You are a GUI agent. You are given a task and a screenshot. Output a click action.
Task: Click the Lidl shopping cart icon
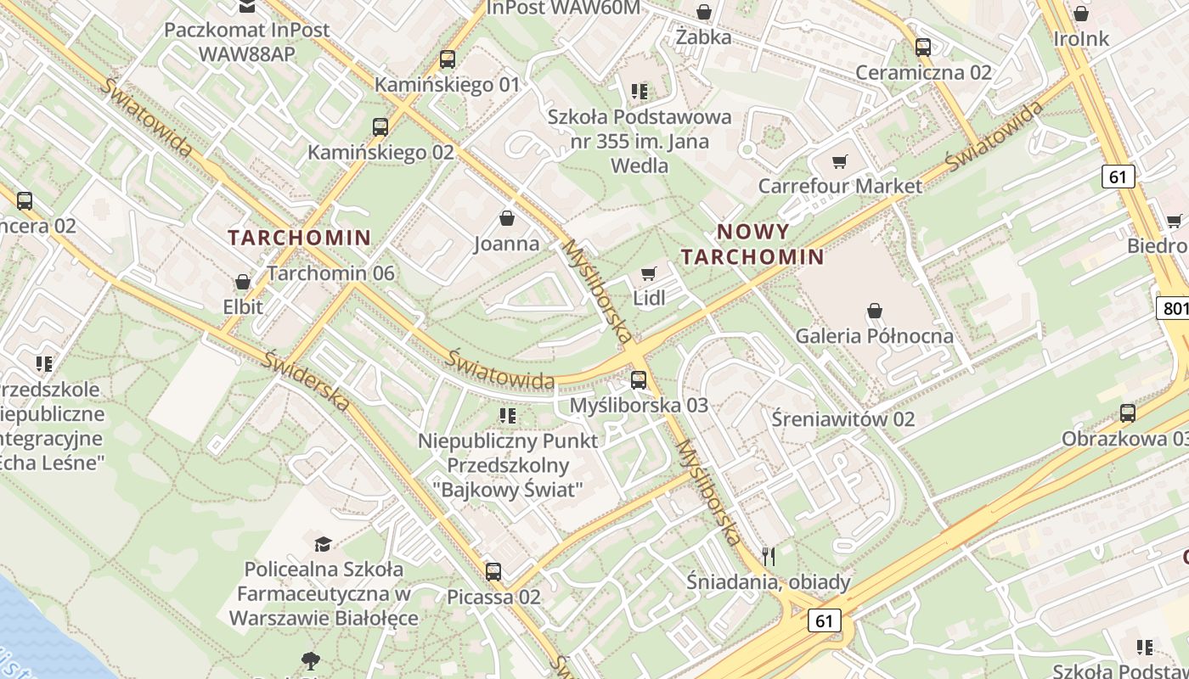pos(649,273)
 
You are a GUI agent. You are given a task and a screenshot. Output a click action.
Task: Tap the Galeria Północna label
pos(874,336)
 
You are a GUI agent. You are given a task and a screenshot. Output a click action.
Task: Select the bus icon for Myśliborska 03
pos(639,380)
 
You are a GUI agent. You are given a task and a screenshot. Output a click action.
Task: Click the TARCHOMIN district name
pos(300,238)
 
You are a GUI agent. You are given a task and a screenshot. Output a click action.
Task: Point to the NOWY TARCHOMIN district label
pos(752,244)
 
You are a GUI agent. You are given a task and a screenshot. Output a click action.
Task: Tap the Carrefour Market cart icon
pos(840,161)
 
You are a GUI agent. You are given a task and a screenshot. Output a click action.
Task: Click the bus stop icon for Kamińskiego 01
pos(448,59)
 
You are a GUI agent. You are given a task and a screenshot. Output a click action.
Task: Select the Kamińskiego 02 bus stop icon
pos(380,127)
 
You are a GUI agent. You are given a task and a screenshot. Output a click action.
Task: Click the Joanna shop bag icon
pos(507,219)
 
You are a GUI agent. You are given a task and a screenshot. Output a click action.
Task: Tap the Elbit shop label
pos(243,306)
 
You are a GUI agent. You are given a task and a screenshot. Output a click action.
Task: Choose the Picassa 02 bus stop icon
pos(493,572)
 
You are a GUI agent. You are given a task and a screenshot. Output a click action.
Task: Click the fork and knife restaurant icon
pos(769,557)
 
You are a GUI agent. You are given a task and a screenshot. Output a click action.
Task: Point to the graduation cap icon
pos(323,543)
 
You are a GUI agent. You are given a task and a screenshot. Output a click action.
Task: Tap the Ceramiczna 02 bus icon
pos(923,48)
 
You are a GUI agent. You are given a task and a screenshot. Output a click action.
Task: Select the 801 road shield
pos(1174,307)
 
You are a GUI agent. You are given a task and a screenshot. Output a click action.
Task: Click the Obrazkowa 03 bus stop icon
pos(1128,413)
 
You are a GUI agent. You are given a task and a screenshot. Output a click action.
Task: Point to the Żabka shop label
pos(704,37)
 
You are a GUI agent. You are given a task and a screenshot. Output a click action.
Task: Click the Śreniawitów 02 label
pos(843,418)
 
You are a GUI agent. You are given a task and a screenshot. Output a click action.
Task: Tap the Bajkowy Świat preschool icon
pos(508,415)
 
